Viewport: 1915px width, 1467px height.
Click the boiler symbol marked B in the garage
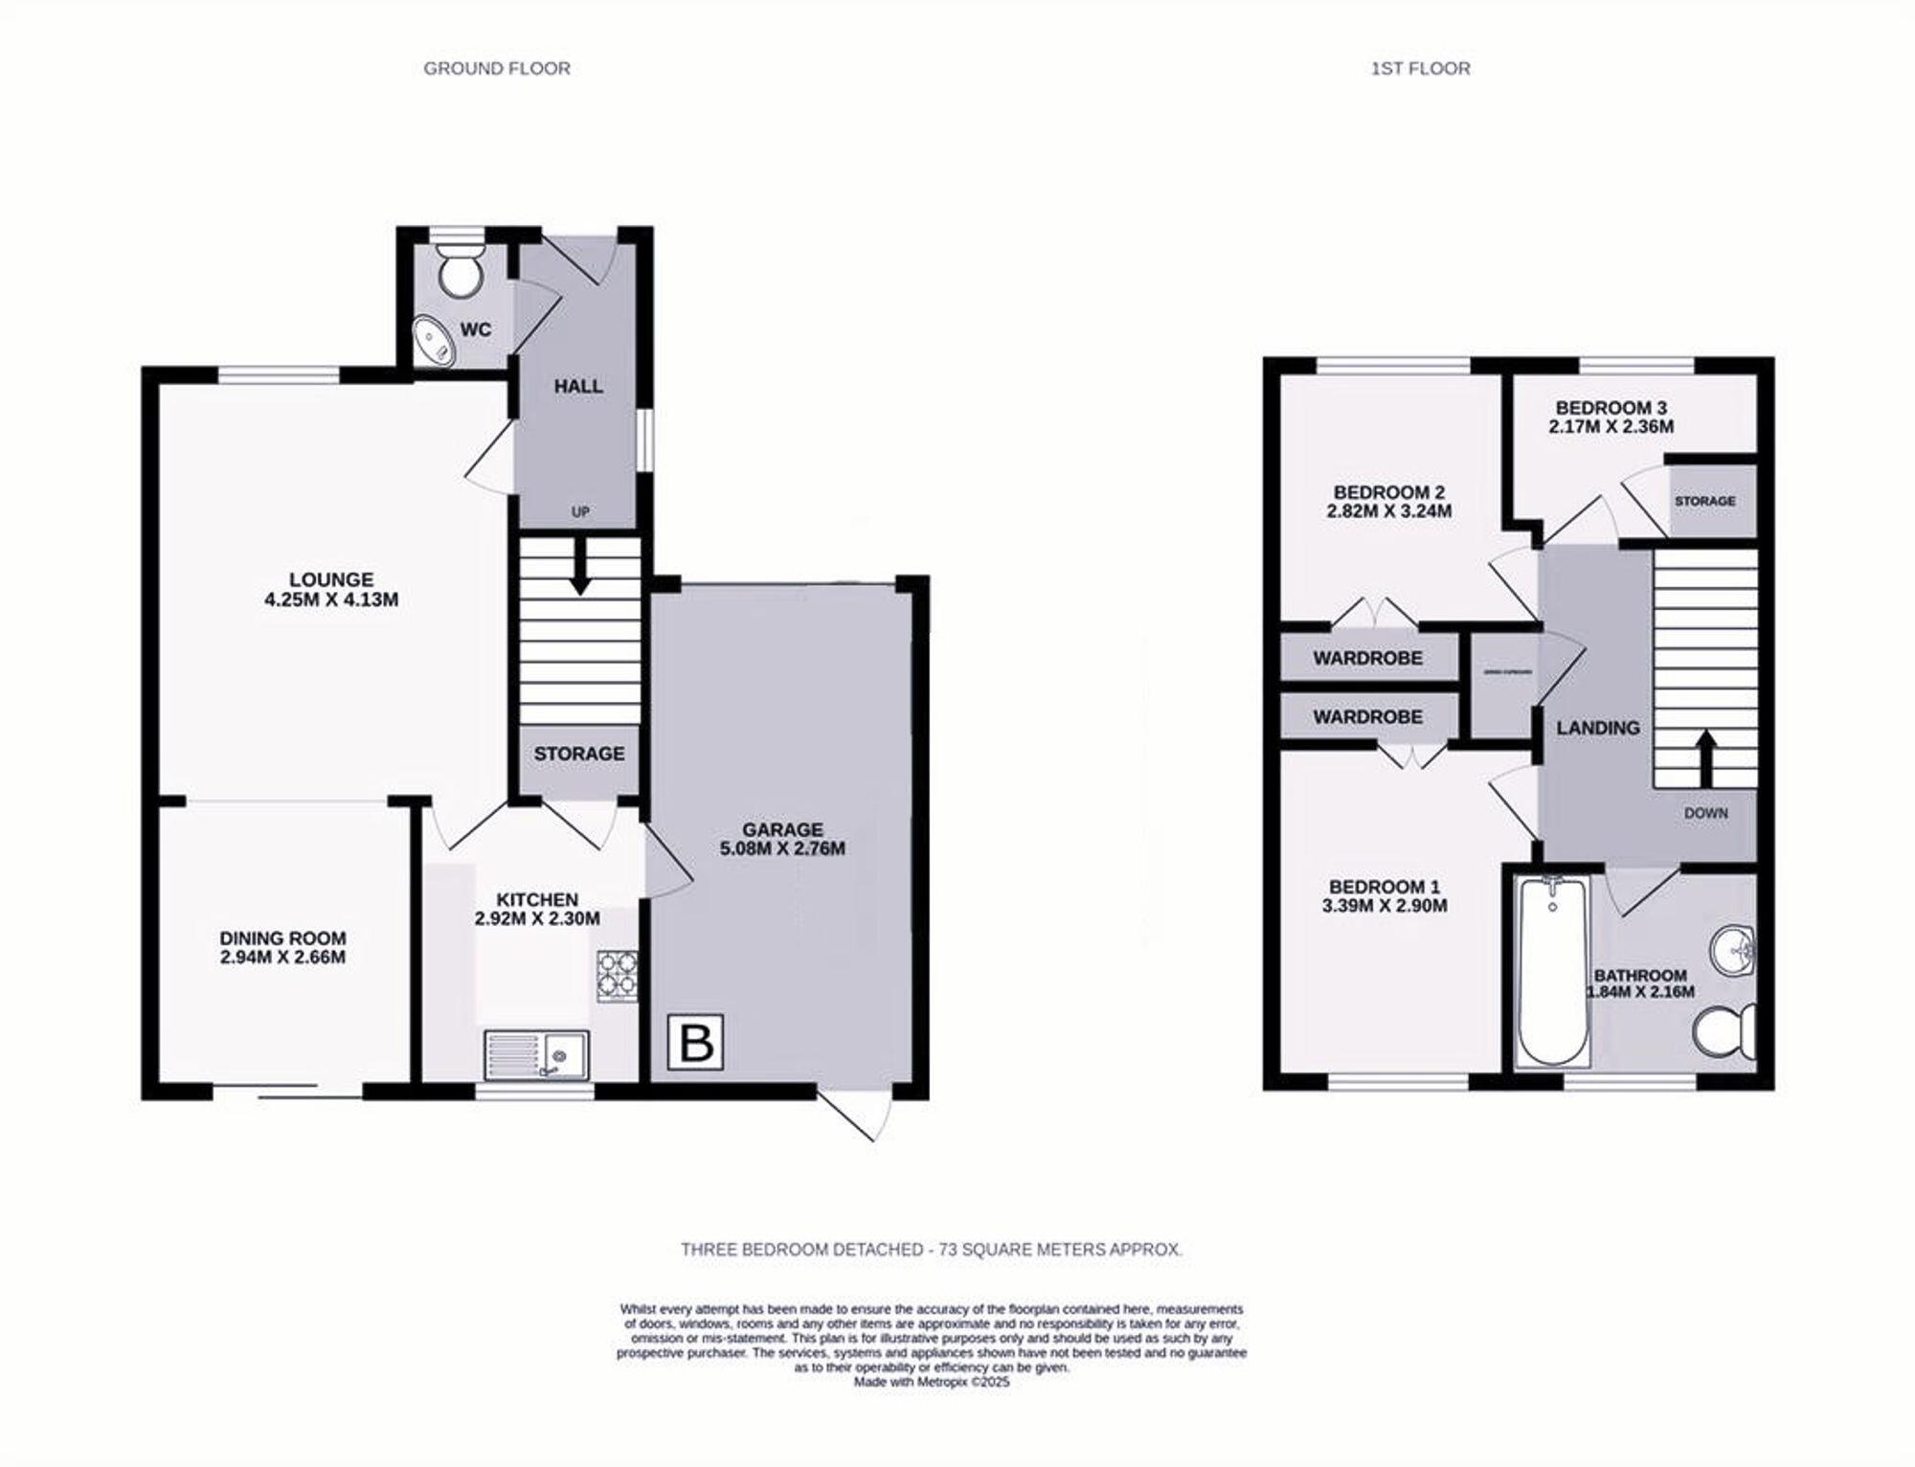point(695,1042)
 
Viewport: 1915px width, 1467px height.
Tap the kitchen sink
point(536,1054)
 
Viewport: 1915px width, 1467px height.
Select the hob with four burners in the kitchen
point(618,975)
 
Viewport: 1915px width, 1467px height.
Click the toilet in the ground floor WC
point(460,270)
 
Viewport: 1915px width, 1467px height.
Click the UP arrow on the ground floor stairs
point(579,571)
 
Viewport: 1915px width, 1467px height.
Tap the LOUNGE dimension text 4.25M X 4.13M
point(331,600)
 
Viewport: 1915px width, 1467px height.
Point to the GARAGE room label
point(782,829)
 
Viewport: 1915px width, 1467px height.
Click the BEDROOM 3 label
point(1611,408)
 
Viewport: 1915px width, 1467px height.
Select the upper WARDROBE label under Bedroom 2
point(1367,659)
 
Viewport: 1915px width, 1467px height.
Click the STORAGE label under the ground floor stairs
point(579,755)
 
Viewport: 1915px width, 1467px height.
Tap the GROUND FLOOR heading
point(497,69)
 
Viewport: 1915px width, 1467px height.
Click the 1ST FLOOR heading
point(1420,69)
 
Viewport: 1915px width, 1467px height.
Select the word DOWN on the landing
point(1705,813)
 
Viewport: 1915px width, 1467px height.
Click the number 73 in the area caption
point(948,1250)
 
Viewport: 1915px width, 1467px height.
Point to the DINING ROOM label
point(282,938)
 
